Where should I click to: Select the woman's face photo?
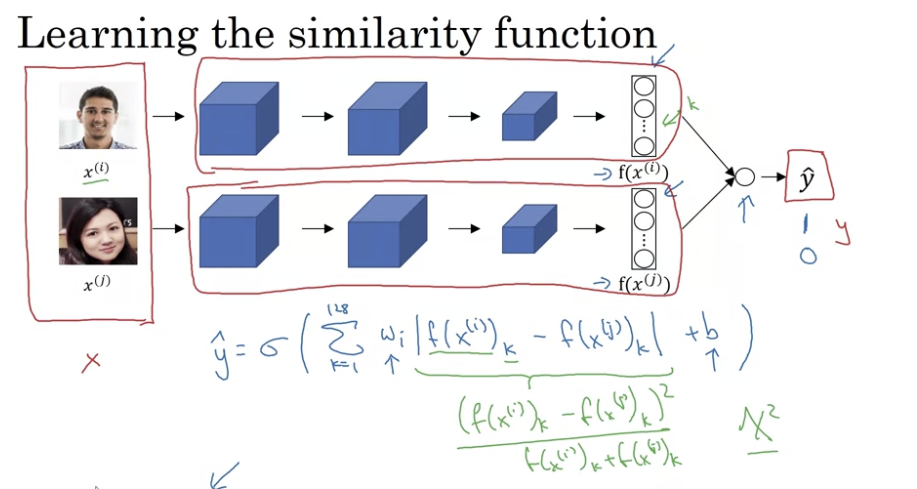[98, 231]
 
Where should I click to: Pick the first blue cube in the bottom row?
[239, 231]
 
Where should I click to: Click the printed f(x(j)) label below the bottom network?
[644, 284]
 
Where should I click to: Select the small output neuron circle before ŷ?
[745, 177]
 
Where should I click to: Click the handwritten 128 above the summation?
[338, 309]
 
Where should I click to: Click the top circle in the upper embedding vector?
[644, 87]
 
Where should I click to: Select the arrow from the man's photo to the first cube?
[168, 116]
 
